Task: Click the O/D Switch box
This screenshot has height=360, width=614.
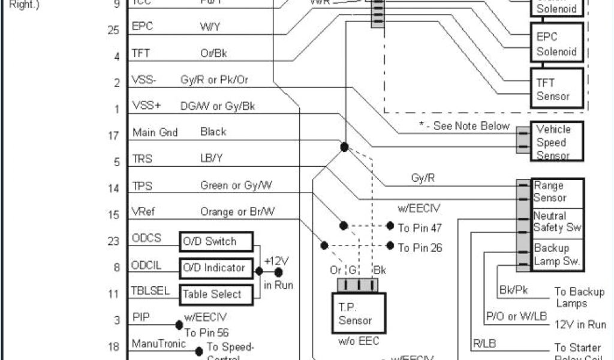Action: pos(216,241)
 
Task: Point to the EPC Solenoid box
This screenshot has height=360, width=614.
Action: pos(556,44)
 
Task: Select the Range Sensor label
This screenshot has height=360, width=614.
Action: pos(550,192)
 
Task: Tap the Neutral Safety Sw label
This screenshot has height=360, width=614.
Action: pos(557,222)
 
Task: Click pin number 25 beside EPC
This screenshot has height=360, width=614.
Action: pos(113,29)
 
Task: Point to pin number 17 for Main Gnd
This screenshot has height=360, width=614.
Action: pos(113,136)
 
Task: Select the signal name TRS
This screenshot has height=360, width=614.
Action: pos(142,159)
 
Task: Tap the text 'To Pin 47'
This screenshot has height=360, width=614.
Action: pos(420,228)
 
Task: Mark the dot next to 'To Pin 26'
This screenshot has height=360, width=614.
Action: pos(390,245)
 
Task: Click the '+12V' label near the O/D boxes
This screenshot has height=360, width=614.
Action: pos(276,262)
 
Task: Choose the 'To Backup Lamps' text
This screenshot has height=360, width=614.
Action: pos(579,297)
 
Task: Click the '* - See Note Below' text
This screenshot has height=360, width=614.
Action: pos(465,126)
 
